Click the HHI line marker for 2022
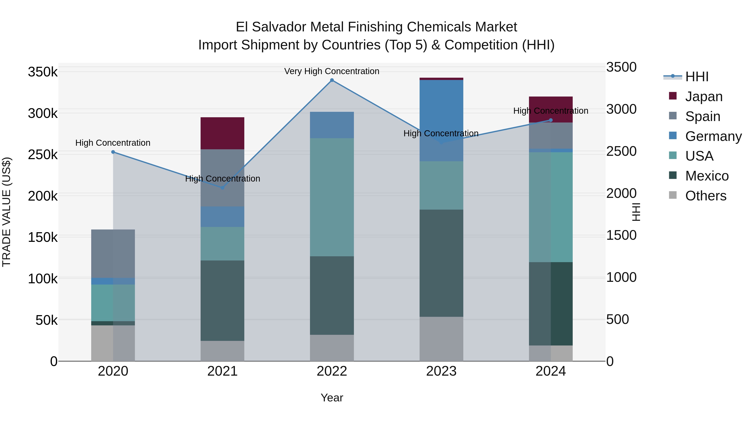coord(332,80)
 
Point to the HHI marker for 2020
coord(113,152)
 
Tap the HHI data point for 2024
coord(551,120)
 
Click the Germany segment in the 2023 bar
coord(441,120)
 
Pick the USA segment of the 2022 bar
coord(332,197)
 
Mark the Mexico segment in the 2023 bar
coord(441,263)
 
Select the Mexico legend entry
coord(707,176)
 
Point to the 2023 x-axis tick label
coord(441,371)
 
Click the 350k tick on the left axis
coord(43,72)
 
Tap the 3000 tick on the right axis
coord(621,109)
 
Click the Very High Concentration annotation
coord(332,71)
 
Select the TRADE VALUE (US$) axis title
coord(6,212)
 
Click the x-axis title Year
coord(332,398)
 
